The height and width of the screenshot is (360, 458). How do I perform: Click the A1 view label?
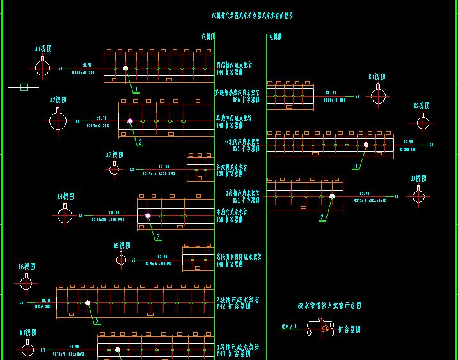tap(43, 49)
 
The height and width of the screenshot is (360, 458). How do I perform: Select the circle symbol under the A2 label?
tap(58, 121)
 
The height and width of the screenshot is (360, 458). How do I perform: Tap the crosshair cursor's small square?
tap(24, 87)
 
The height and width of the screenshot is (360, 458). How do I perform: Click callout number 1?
tap(136, 90)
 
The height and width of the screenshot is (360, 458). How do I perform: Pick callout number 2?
tap(140, 142)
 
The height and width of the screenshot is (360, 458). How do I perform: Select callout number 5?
tap(97, 321)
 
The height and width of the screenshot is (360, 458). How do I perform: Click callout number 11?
tap(356, 166)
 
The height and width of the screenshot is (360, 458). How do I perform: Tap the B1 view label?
tap(375, 77)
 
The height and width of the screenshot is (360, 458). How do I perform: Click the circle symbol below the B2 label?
tap(423, 123)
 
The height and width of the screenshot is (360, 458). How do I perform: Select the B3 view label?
tap(418, 179)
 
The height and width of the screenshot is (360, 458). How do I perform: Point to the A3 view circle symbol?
tap(114, 169)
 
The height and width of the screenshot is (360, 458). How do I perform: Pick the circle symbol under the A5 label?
tap(122, 259)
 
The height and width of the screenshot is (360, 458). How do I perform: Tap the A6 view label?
tap(26, 267)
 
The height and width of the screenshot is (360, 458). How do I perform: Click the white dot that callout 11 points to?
tap(366, 145)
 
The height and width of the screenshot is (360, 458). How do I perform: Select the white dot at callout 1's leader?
tap(125, 68)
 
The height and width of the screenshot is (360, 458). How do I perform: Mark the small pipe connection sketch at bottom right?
tap(322, 329)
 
